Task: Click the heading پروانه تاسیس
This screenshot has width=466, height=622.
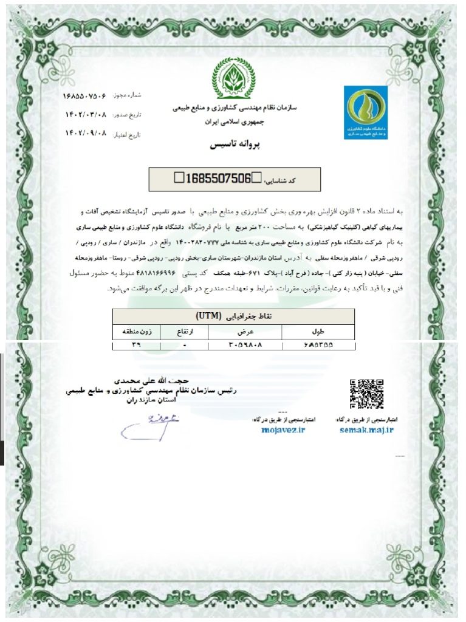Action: point(233,147)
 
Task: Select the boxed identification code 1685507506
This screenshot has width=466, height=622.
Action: point(217,178)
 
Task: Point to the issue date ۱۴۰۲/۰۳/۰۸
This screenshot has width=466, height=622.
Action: point(86,114)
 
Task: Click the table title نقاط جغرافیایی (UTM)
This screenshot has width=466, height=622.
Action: point(233,317)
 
